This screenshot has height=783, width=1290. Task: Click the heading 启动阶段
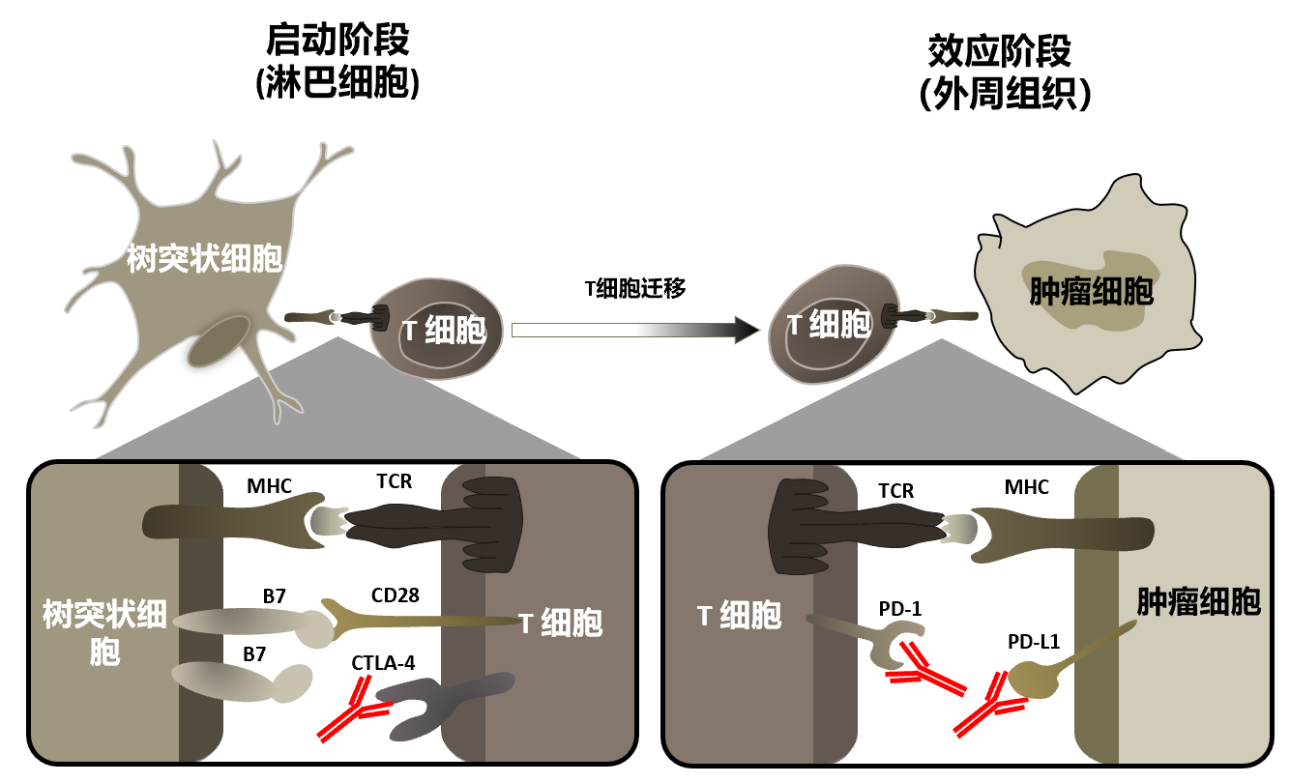pos(337,41)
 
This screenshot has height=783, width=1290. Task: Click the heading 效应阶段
pos(1000,50)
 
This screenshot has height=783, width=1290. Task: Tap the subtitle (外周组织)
pos(1000,94)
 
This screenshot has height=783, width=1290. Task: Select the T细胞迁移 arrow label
pos(635,287)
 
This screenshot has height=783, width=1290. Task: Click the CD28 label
pos(395,595)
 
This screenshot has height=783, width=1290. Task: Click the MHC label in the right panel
pos(1026,487)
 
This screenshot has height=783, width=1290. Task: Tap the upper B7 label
pos(274,596)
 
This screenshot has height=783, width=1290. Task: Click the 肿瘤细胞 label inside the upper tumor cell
pos(1090,291)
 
